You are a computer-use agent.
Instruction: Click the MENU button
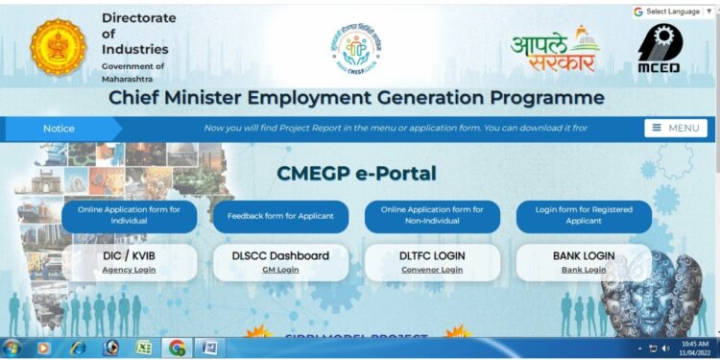coord(675,128)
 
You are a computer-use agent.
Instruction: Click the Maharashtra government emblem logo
coord(58,47)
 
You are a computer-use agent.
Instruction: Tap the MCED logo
coord(660,49)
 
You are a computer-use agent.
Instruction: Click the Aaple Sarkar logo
coord(554,49)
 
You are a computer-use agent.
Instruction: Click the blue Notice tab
coord(60,128)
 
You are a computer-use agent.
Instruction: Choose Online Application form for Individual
coord(129,215)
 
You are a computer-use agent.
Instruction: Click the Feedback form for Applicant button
coord(280,216)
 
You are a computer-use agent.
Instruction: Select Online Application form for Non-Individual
coord(432,215)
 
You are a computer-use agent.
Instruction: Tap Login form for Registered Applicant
coord(584,215)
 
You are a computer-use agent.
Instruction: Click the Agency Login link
coord(129,270)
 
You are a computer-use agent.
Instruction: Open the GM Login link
coord(280,270)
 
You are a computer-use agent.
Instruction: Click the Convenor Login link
coord(432,270)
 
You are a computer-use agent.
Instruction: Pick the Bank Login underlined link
coord(584,270)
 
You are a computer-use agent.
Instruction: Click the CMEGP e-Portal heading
coord(356,174)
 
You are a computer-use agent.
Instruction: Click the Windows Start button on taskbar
coord(12,348)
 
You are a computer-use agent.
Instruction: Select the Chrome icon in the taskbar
coord(177,348)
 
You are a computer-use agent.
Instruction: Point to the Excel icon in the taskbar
coord(143,348)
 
